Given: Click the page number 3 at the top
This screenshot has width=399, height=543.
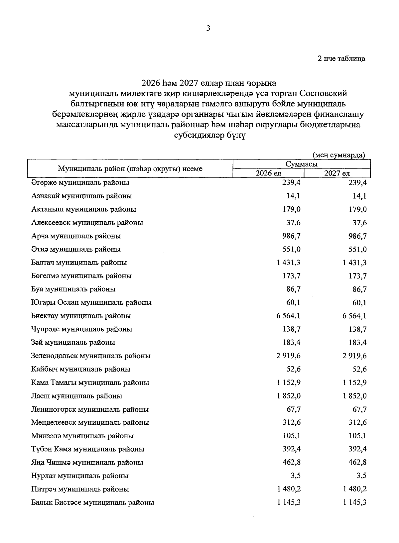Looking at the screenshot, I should click(x=208, y=29).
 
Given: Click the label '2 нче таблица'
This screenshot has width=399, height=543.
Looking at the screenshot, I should click(x=341, y=59).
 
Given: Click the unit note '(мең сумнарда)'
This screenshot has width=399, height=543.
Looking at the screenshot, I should click(x=338, y=155).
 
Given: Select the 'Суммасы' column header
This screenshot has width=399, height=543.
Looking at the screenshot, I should click(x=301, y=164).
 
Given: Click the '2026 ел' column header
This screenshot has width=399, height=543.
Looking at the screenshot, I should click(x=268, y=173).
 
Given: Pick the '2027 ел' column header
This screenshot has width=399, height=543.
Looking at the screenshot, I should click(x=337, y=173).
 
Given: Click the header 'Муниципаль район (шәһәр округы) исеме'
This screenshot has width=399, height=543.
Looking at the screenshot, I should click(x=130, y=168).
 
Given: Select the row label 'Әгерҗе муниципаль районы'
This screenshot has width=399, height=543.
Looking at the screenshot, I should click(x=80, y=182).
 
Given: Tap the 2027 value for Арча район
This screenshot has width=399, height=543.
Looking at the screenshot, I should click(x=357, y=236).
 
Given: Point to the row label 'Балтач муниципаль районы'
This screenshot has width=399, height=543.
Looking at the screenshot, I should click(x=79, y=263).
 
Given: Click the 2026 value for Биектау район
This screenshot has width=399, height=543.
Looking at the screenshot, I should click(x=288, y=316).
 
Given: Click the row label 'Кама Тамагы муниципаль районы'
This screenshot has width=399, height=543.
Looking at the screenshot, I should click(x=90, y=382).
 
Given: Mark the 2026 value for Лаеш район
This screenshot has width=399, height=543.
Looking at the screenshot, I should click(x=288, y=396).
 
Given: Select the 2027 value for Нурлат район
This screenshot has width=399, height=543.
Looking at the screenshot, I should click(x=361, y=476).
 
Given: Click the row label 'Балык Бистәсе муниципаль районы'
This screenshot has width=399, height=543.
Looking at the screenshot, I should click(x=92, y=502).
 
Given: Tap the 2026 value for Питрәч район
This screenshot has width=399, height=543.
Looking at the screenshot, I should click(x=288, y=489).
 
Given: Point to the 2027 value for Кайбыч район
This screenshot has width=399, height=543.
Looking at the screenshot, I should click(x=359, y=369).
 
